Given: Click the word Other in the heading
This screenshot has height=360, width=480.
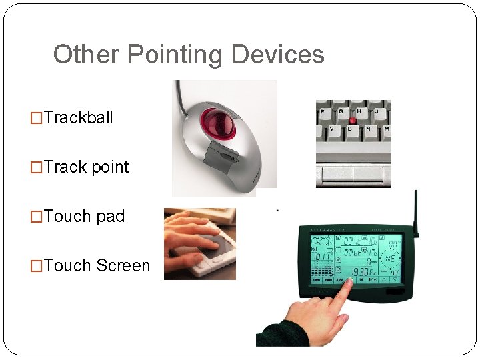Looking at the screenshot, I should pyautogui.click(x=84, y=55).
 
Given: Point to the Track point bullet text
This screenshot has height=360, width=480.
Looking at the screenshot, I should pyautogui.click(x=86, y=167).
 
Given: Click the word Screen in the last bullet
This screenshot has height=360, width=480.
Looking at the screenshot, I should pyautogui.click(x=123, y=266).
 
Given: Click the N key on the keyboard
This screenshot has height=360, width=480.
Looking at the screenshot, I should pyautogui.click(x=367, y=129).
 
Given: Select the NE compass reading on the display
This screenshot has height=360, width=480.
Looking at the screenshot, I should pyautogui.click(x=389, y=257).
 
